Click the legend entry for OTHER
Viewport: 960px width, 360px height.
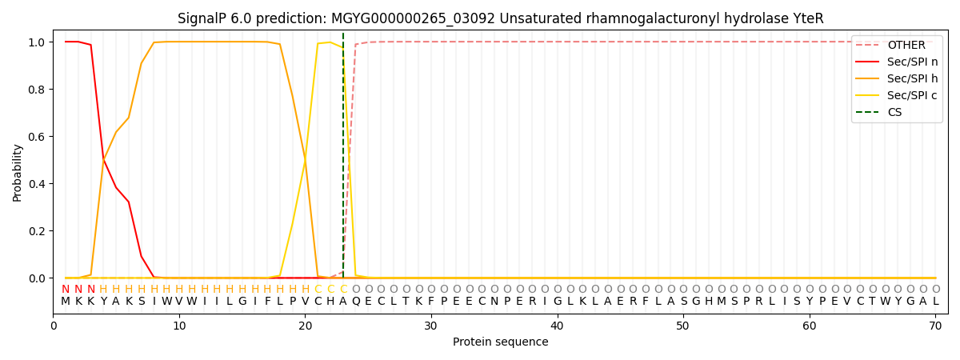pos(897,45)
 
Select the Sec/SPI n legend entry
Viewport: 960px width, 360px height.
pos(897,62)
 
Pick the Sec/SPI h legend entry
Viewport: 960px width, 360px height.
pos(897,78)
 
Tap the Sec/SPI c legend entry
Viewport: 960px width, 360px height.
pos(897,95)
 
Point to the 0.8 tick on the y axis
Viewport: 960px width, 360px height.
pos(37,90)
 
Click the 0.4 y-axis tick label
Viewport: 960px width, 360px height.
pos(37,184)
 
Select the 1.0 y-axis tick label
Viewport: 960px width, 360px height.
pos(37,42)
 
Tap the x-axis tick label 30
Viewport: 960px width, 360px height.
pos(431,326)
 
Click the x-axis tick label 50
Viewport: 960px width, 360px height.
pos(683,326)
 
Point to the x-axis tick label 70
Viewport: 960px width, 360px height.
pos(935,326)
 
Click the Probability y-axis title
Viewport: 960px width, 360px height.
pos(17,173)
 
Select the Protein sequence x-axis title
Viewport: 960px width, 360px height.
pos(501,342)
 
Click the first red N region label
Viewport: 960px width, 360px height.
pos(66,290)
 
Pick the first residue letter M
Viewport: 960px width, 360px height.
pos(66,302)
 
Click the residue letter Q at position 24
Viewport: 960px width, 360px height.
pos(356,302)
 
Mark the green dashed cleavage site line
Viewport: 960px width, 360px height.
pos(343,155)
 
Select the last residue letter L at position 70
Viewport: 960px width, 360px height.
pos(935,302)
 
